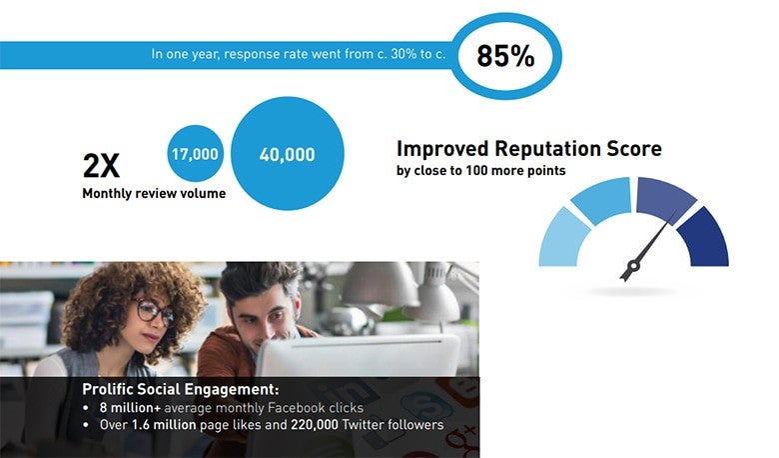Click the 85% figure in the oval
tap(505, 56)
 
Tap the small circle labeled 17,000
tap(195, 153)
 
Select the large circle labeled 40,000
tap(288, 153)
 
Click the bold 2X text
tap(101, 166)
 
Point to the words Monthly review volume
tap(154, 193)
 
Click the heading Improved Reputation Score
tap(529, 148)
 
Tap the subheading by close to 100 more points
tap(481, 171)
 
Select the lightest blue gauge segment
tap(562, 240)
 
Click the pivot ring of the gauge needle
tap(633, 266)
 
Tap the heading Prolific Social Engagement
tap(181, 389)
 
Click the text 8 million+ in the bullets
tap(130, 408)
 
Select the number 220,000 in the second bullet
tap(314, 425)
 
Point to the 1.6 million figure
tap(164, 425)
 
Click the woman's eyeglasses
tap(154, 311)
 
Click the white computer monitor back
tap(358, 356)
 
